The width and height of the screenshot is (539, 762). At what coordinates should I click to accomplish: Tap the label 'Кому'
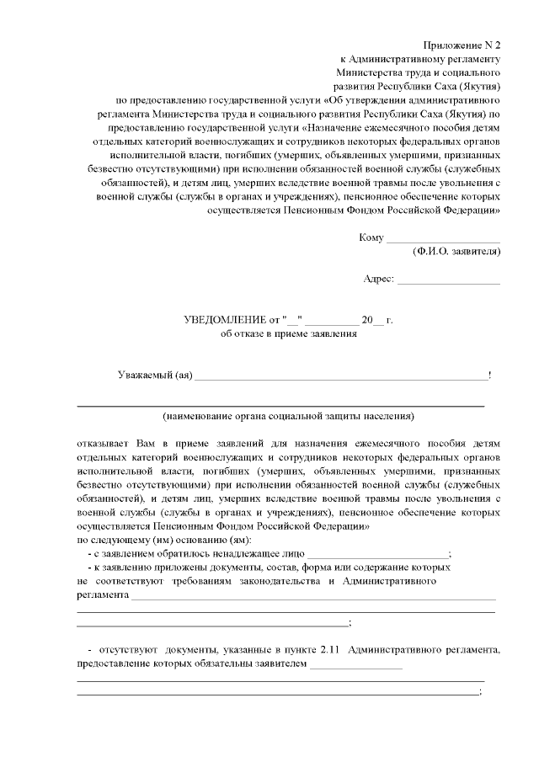click(x=371, y=237)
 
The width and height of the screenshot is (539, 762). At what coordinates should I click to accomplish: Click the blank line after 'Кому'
click(x=443, y=239)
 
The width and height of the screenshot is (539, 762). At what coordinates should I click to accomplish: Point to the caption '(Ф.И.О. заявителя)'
click(x=456, y=252)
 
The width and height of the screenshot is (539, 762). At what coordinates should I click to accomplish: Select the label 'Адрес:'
click(x=378, y=279)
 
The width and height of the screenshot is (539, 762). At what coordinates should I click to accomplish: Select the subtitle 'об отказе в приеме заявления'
click(x=289, y=333)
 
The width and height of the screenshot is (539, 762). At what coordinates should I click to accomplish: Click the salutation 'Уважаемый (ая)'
click(x=155, y=375)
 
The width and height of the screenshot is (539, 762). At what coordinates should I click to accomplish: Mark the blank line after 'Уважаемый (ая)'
click(x=340, y=377)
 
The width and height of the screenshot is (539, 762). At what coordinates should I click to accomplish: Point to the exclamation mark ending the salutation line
click(x=489, y=375)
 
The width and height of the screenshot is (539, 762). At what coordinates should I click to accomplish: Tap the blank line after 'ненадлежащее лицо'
click(x=378, y=556)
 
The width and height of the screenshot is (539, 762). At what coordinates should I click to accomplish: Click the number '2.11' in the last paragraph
click(x=329, y=650)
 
